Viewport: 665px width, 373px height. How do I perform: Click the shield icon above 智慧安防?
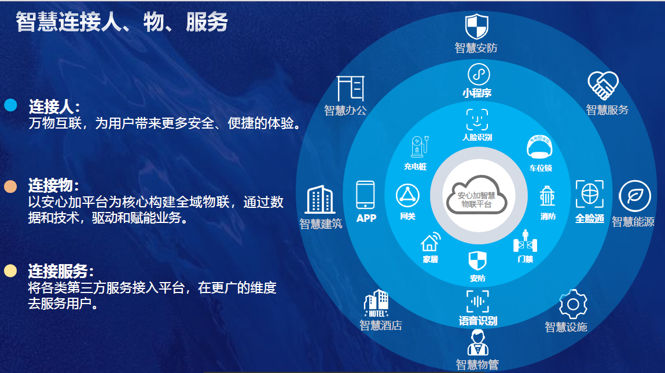pos(477,27)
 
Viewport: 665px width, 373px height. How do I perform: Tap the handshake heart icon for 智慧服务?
pos(603,86)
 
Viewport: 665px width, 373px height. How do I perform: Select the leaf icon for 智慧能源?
pos(635,196)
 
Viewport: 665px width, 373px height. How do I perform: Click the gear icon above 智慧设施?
pos(573,304)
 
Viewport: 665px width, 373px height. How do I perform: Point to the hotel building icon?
pos(376,303)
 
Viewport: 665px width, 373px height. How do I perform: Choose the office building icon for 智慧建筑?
pos(320,200)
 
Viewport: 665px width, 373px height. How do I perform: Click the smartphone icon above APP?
pos(365,195)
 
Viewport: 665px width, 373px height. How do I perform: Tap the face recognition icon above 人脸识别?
pos(477,119)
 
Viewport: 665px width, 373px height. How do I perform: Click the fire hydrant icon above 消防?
pos(547,196)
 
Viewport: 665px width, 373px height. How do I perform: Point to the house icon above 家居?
pos(429,242)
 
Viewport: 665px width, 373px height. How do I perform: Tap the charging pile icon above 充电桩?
pos(416,147)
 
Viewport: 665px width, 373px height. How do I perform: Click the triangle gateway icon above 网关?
pos(408,196)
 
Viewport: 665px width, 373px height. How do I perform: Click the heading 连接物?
pos(54,186)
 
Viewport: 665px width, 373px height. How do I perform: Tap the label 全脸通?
pos(590,219)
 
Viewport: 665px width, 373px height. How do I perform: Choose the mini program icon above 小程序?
pos(478,74)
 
